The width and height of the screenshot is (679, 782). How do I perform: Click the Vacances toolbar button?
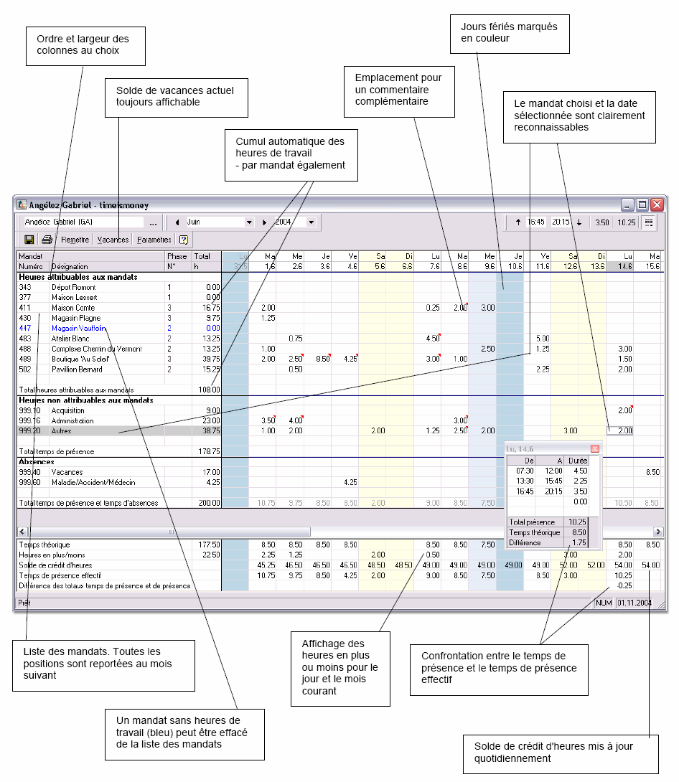(113, 240)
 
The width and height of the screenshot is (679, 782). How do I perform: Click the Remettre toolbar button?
(75, 240)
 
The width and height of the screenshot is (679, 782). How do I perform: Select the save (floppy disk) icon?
(29, 240)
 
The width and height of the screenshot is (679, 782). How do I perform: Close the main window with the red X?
(657, 205)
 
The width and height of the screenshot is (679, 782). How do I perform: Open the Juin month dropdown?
(249, 222)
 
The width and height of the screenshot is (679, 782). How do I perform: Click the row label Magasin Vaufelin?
(75, 328)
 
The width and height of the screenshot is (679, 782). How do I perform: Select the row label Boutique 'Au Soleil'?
(80, 359)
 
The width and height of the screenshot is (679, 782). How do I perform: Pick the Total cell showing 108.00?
(209, 390)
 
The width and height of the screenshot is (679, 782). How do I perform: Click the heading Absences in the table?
(36, 462)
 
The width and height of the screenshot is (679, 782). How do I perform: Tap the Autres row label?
(62, 431)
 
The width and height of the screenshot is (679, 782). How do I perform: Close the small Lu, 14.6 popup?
(594, 448)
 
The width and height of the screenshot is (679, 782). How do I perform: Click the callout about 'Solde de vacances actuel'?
(175, 97)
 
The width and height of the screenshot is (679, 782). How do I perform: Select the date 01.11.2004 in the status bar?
(634, 603)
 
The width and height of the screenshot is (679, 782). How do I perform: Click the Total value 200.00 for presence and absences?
(209, 504)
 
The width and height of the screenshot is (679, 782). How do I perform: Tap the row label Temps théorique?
(44, 545)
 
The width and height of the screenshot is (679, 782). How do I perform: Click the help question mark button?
(183, 240)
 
